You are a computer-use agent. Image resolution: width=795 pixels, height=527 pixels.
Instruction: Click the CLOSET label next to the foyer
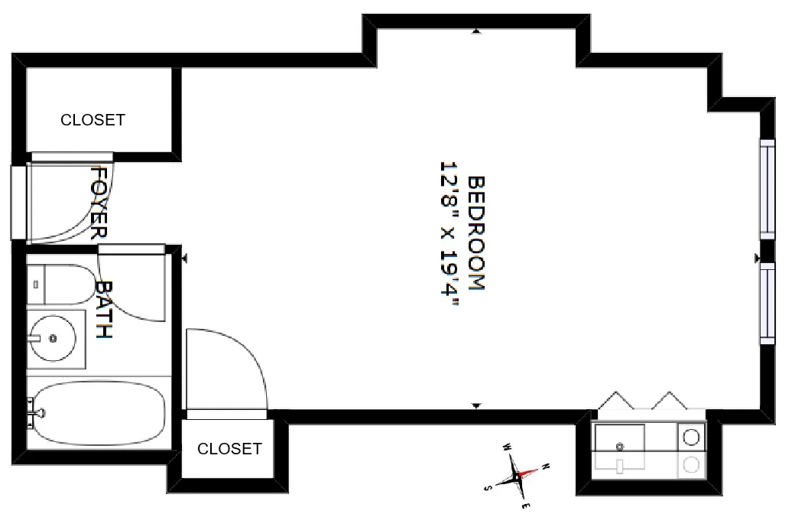92,120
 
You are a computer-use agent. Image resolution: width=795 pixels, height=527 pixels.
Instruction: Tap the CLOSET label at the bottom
229,449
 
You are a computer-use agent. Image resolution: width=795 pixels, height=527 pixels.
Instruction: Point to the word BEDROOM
476,233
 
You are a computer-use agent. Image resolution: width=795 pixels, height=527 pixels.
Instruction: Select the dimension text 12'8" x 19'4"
449,233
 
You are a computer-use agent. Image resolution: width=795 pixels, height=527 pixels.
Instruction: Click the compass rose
516,476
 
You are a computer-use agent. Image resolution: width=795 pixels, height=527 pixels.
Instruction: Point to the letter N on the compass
544,466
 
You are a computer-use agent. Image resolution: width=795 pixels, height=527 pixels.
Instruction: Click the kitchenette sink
620,441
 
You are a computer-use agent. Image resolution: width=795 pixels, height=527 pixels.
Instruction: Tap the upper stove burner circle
691,437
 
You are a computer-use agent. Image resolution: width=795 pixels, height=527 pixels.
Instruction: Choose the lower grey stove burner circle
691,464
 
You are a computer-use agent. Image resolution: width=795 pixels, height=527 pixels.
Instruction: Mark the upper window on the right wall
767,188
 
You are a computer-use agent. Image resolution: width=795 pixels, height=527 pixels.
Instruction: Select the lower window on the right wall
767,304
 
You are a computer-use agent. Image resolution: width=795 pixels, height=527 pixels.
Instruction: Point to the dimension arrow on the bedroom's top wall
476,32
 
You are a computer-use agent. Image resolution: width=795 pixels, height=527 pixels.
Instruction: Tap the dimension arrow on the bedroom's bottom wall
476,405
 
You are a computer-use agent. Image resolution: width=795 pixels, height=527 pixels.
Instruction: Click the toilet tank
36,284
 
